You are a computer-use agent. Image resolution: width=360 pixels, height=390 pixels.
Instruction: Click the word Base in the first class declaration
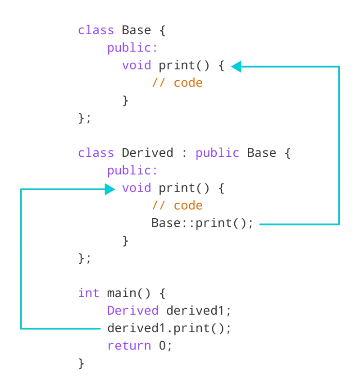137,31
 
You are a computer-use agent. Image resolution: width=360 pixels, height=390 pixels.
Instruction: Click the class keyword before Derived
96,153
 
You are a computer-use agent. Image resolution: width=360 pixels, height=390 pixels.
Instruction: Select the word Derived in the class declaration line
147,153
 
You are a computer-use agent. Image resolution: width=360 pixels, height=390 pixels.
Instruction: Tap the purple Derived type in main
133,311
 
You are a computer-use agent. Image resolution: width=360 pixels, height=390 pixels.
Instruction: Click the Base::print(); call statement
202,223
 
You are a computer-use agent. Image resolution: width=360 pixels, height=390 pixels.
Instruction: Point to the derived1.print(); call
169,328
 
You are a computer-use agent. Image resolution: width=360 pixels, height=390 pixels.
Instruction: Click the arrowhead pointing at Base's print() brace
237,67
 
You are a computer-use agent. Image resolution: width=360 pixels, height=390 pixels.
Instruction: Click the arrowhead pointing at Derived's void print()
110,189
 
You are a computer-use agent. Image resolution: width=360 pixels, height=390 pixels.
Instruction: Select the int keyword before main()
88,293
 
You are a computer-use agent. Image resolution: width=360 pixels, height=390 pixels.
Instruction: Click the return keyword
129,346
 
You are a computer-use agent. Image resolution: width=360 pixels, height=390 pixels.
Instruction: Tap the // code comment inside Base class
177,83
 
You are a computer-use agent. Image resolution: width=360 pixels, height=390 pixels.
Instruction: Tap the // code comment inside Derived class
177,206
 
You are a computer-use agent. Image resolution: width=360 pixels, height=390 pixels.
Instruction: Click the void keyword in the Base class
137,65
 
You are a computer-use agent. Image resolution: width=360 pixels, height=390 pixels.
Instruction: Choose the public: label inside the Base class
132,48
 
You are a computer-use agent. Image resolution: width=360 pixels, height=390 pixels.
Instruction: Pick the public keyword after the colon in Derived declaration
217,153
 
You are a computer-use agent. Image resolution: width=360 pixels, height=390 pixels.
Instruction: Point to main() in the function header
129,293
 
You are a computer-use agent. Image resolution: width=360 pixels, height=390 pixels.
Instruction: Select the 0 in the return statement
163,346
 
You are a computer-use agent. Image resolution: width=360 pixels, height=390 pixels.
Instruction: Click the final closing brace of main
81,363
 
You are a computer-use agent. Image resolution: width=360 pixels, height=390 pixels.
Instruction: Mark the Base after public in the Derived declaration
261,153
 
